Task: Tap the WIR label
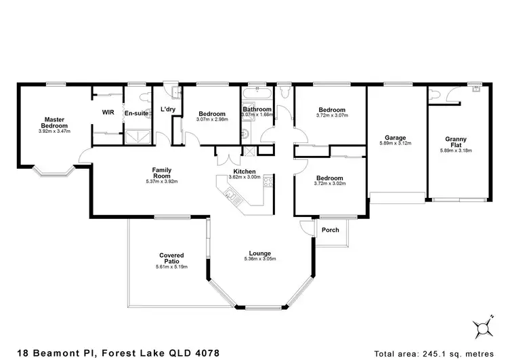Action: pos(107,113)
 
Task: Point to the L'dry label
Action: pos(167,110)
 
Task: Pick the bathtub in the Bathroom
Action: pos(257,94)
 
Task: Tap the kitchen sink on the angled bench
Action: pos(231,196)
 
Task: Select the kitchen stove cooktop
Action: pos(269,181)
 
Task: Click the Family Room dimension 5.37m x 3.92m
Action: pos(161,182)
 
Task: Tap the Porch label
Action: pos(331,230)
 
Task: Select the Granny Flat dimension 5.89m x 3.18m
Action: pos(455,151)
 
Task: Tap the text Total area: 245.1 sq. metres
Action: pos(440,353)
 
